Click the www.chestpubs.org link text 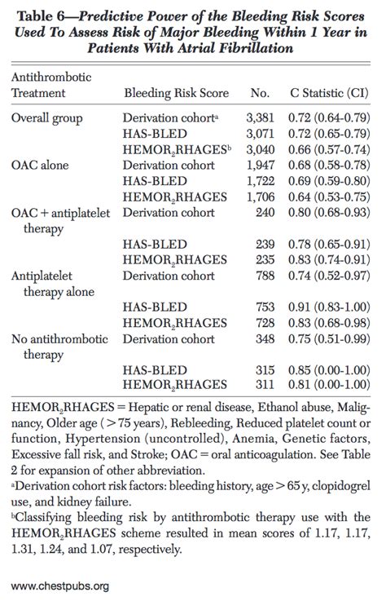click(61, 585)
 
